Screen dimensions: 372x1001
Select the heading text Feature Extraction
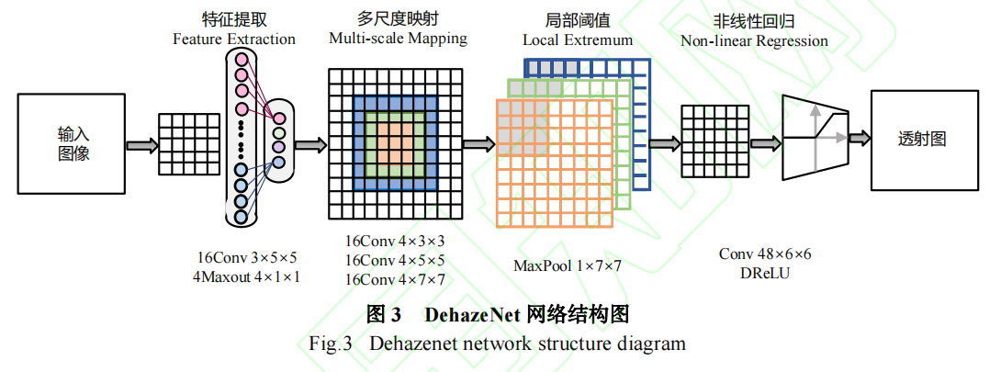click(234, 39)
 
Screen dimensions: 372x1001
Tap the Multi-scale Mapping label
click(398, 39)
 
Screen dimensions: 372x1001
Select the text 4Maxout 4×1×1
click(248, 276)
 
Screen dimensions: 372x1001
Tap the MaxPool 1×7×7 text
click(568, 266)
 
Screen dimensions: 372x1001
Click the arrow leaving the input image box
click(141, 145)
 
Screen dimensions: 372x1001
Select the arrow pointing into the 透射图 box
click(858, 138)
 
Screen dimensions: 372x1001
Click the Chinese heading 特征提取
click(234, 20)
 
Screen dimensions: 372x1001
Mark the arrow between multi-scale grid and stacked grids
click(476, 144)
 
